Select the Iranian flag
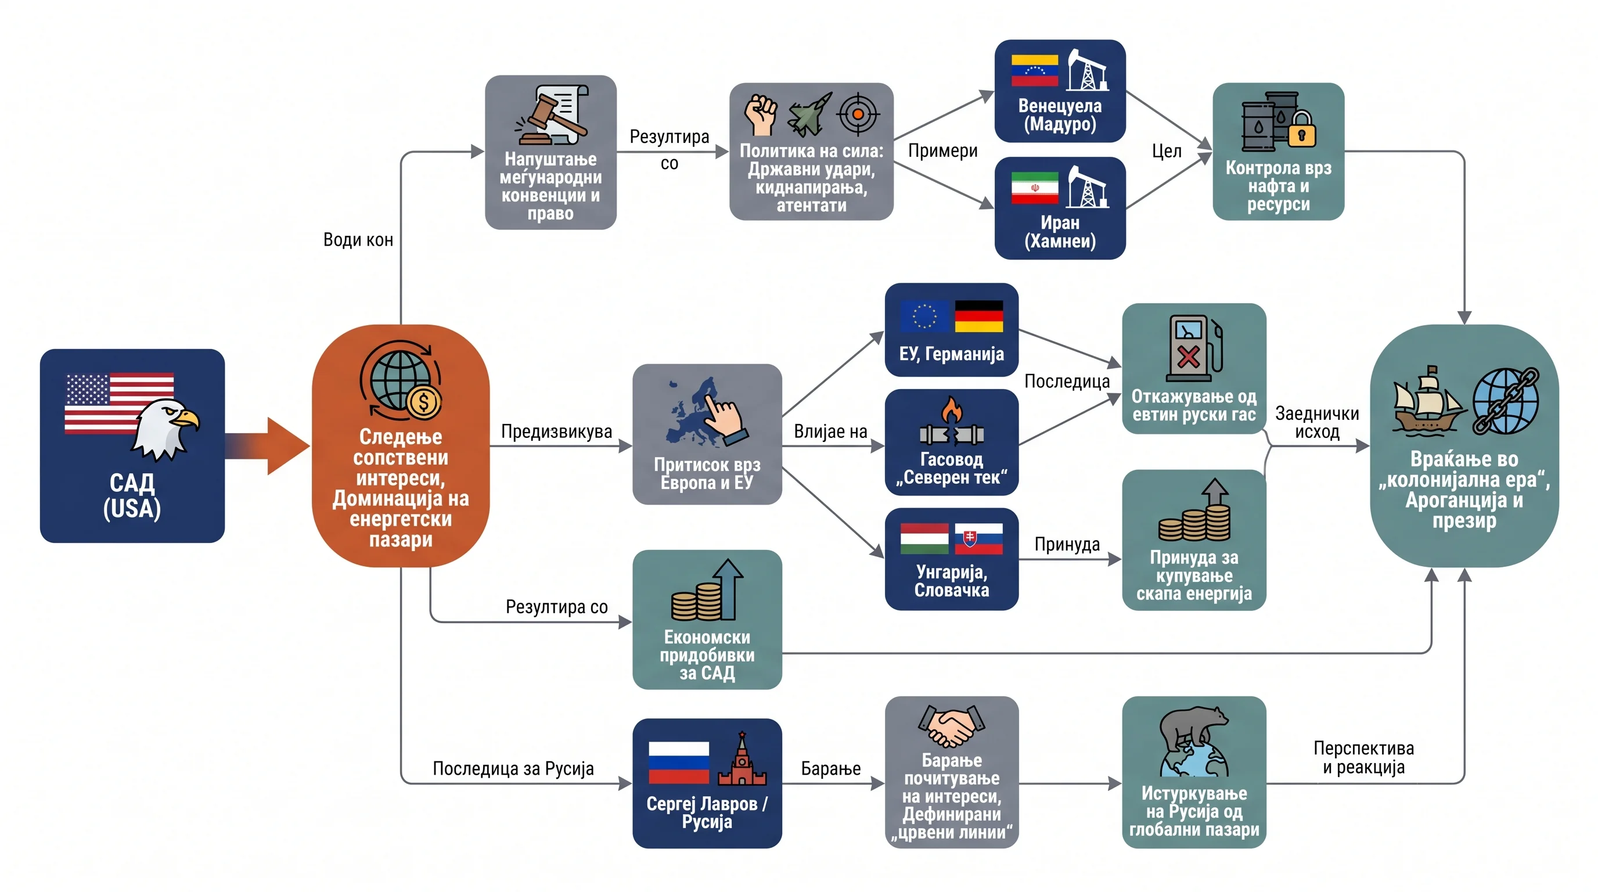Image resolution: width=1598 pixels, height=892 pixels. point(1034,188)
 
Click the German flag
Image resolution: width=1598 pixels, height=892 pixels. point(979,316)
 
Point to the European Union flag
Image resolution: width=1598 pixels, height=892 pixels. point(924,316)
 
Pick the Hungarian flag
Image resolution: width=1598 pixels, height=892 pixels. point(924,538)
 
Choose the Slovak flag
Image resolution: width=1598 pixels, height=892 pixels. point(979,538)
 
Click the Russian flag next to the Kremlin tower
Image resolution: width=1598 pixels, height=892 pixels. point(679,762)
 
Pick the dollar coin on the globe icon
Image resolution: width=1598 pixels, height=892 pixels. point(424,402)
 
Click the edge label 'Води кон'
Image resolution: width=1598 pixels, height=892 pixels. point(358,240)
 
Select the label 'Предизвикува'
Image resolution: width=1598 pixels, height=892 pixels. point(556,431)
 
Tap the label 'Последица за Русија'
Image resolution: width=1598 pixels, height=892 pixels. point(513,769)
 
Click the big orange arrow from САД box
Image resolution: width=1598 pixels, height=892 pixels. point(267,446)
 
